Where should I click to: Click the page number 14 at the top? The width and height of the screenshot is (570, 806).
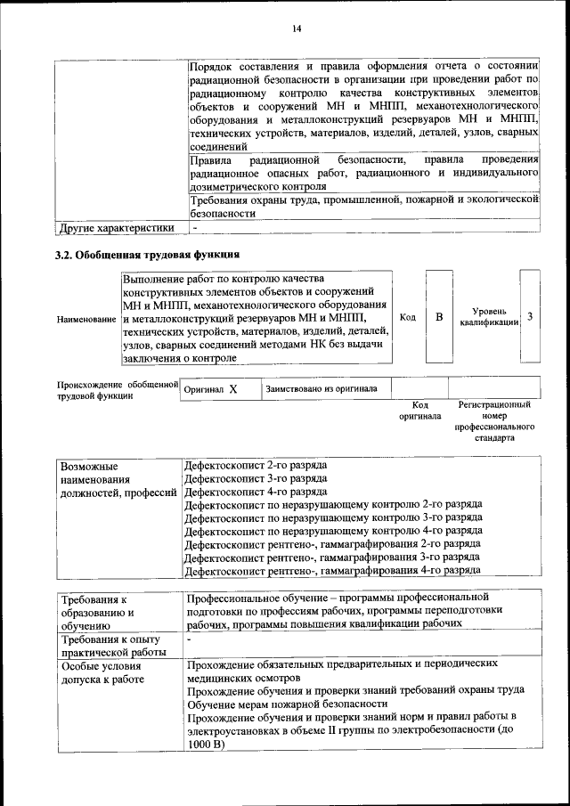pos(297,29)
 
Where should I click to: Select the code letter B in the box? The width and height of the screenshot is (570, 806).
pos(439,317)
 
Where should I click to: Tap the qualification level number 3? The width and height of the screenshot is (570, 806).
pos(531,317)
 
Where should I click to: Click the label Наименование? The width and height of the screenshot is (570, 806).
pos(86,319)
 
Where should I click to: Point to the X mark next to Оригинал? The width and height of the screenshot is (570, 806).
pos(232,390)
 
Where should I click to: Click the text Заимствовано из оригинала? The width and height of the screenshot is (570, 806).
pos(322,389)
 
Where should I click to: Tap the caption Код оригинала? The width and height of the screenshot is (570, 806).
pos(419,411)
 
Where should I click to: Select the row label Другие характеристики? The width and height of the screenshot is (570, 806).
pos(116,227)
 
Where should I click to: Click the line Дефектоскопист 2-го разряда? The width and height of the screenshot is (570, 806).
pos(255,466)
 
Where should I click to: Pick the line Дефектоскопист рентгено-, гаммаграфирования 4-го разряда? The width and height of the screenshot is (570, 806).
pos(332,569)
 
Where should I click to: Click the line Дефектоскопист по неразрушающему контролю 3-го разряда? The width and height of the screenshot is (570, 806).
pos(332,517)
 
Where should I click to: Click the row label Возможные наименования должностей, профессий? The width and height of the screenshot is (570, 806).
pos(118,480)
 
